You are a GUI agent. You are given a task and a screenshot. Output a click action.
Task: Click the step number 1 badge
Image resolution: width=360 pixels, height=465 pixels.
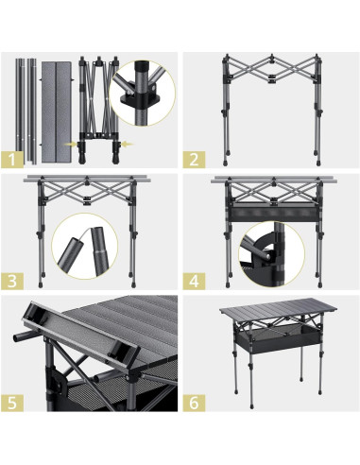[x=12, y=160]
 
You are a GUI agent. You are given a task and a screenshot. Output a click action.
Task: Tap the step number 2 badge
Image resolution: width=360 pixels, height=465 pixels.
[x=194, y=160]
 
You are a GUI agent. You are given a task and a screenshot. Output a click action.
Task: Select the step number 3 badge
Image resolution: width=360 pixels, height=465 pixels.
[x=12, y=281]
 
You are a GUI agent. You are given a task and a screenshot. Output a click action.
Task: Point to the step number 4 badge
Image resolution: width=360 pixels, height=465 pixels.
[x=194, y=281]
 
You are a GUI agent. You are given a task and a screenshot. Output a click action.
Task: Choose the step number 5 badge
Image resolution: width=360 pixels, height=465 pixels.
[x=12, y=403]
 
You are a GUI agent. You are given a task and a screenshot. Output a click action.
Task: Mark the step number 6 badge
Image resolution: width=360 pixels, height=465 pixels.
[x=194, y=403]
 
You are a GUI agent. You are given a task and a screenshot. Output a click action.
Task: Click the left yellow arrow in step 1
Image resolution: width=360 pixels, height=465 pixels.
[x=70, y=145]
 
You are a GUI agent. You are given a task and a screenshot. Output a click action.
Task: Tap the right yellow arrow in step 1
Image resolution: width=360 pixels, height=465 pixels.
[x=128, y=145]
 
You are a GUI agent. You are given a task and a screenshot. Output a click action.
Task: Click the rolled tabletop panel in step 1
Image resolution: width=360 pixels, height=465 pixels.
[x=57, y=112]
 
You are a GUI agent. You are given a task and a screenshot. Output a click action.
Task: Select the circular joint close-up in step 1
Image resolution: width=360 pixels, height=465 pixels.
[x=143, y=94]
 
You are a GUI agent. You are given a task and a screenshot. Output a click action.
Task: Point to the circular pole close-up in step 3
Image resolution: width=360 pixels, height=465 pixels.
[x=84, y=246]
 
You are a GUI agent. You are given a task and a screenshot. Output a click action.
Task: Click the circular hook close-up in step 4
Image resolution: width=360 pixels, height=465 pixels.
[x=271, y=254]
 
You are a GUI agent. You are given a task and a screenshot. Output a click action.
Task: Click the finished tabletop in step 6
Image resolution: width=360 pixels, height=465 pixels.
[x=278, y=310]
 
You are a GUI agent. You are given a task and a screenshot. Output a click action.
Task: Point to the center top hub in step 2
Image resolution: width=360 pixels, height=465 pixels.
[x=272, y=58]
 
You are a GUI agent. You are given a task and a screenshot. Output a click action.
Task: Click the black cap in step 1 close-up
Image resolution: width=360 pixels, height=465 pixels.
[x=141, y=68]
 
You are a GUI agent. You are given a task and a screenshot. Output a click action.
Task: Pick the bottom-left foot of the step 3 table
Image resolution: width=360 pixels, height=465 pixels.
[x=41, y=284]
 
